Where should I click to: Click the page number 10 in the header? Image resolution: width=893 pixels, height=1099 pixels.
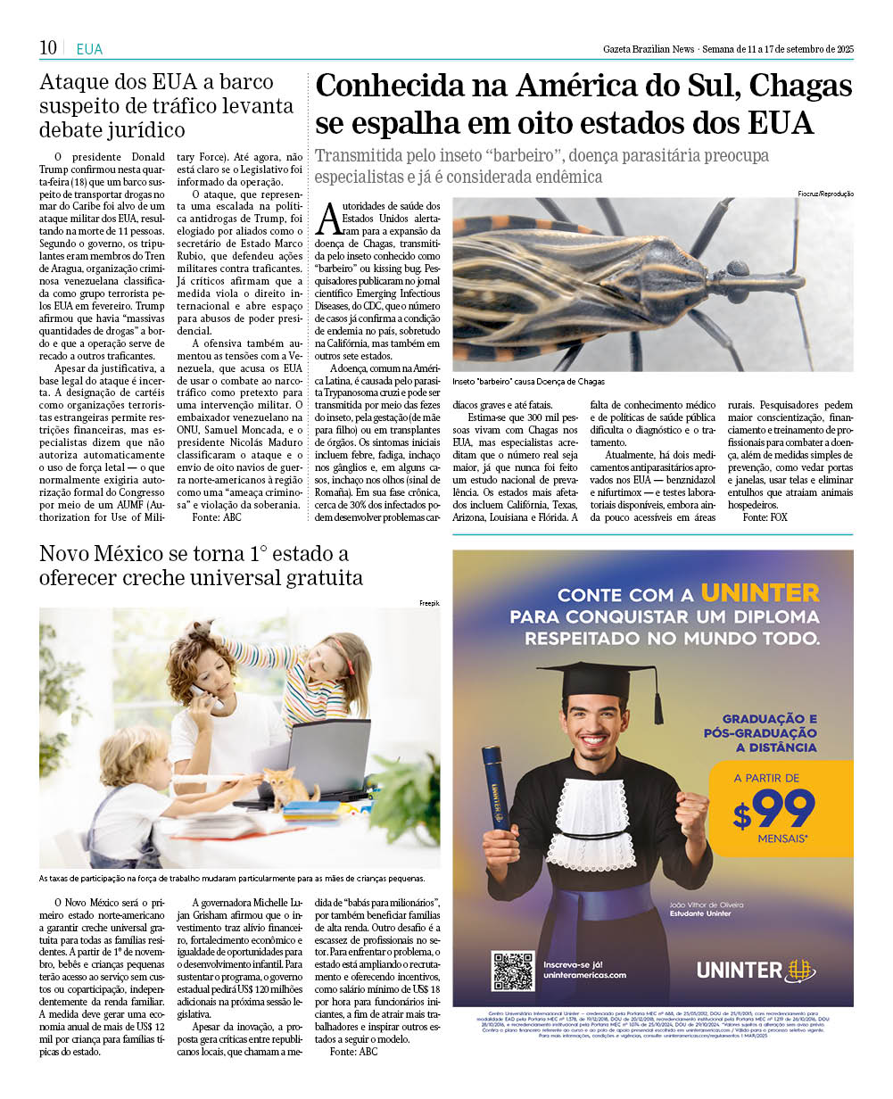[48, 47]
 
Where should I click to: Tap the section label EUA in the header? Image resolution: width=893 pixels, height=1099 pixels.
[89, 49]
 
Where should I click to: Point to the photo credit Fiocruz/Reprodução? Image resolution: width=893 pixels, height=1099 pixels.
[826, 194]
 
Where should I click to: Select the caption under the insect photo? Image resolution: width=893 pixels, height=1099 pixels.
[528, 381]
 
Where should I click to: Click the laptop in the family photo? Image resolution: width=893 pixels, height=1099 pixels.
[326, 759]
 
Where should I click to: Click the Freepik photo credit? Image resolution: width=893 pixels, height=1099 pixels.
[430, 604]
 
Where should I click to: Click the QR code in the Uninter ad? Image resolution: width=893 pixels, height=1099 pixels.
[513, 971]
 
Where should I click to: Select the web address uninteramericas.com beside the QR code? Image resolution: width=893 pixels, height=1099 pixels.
[584, 975]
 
